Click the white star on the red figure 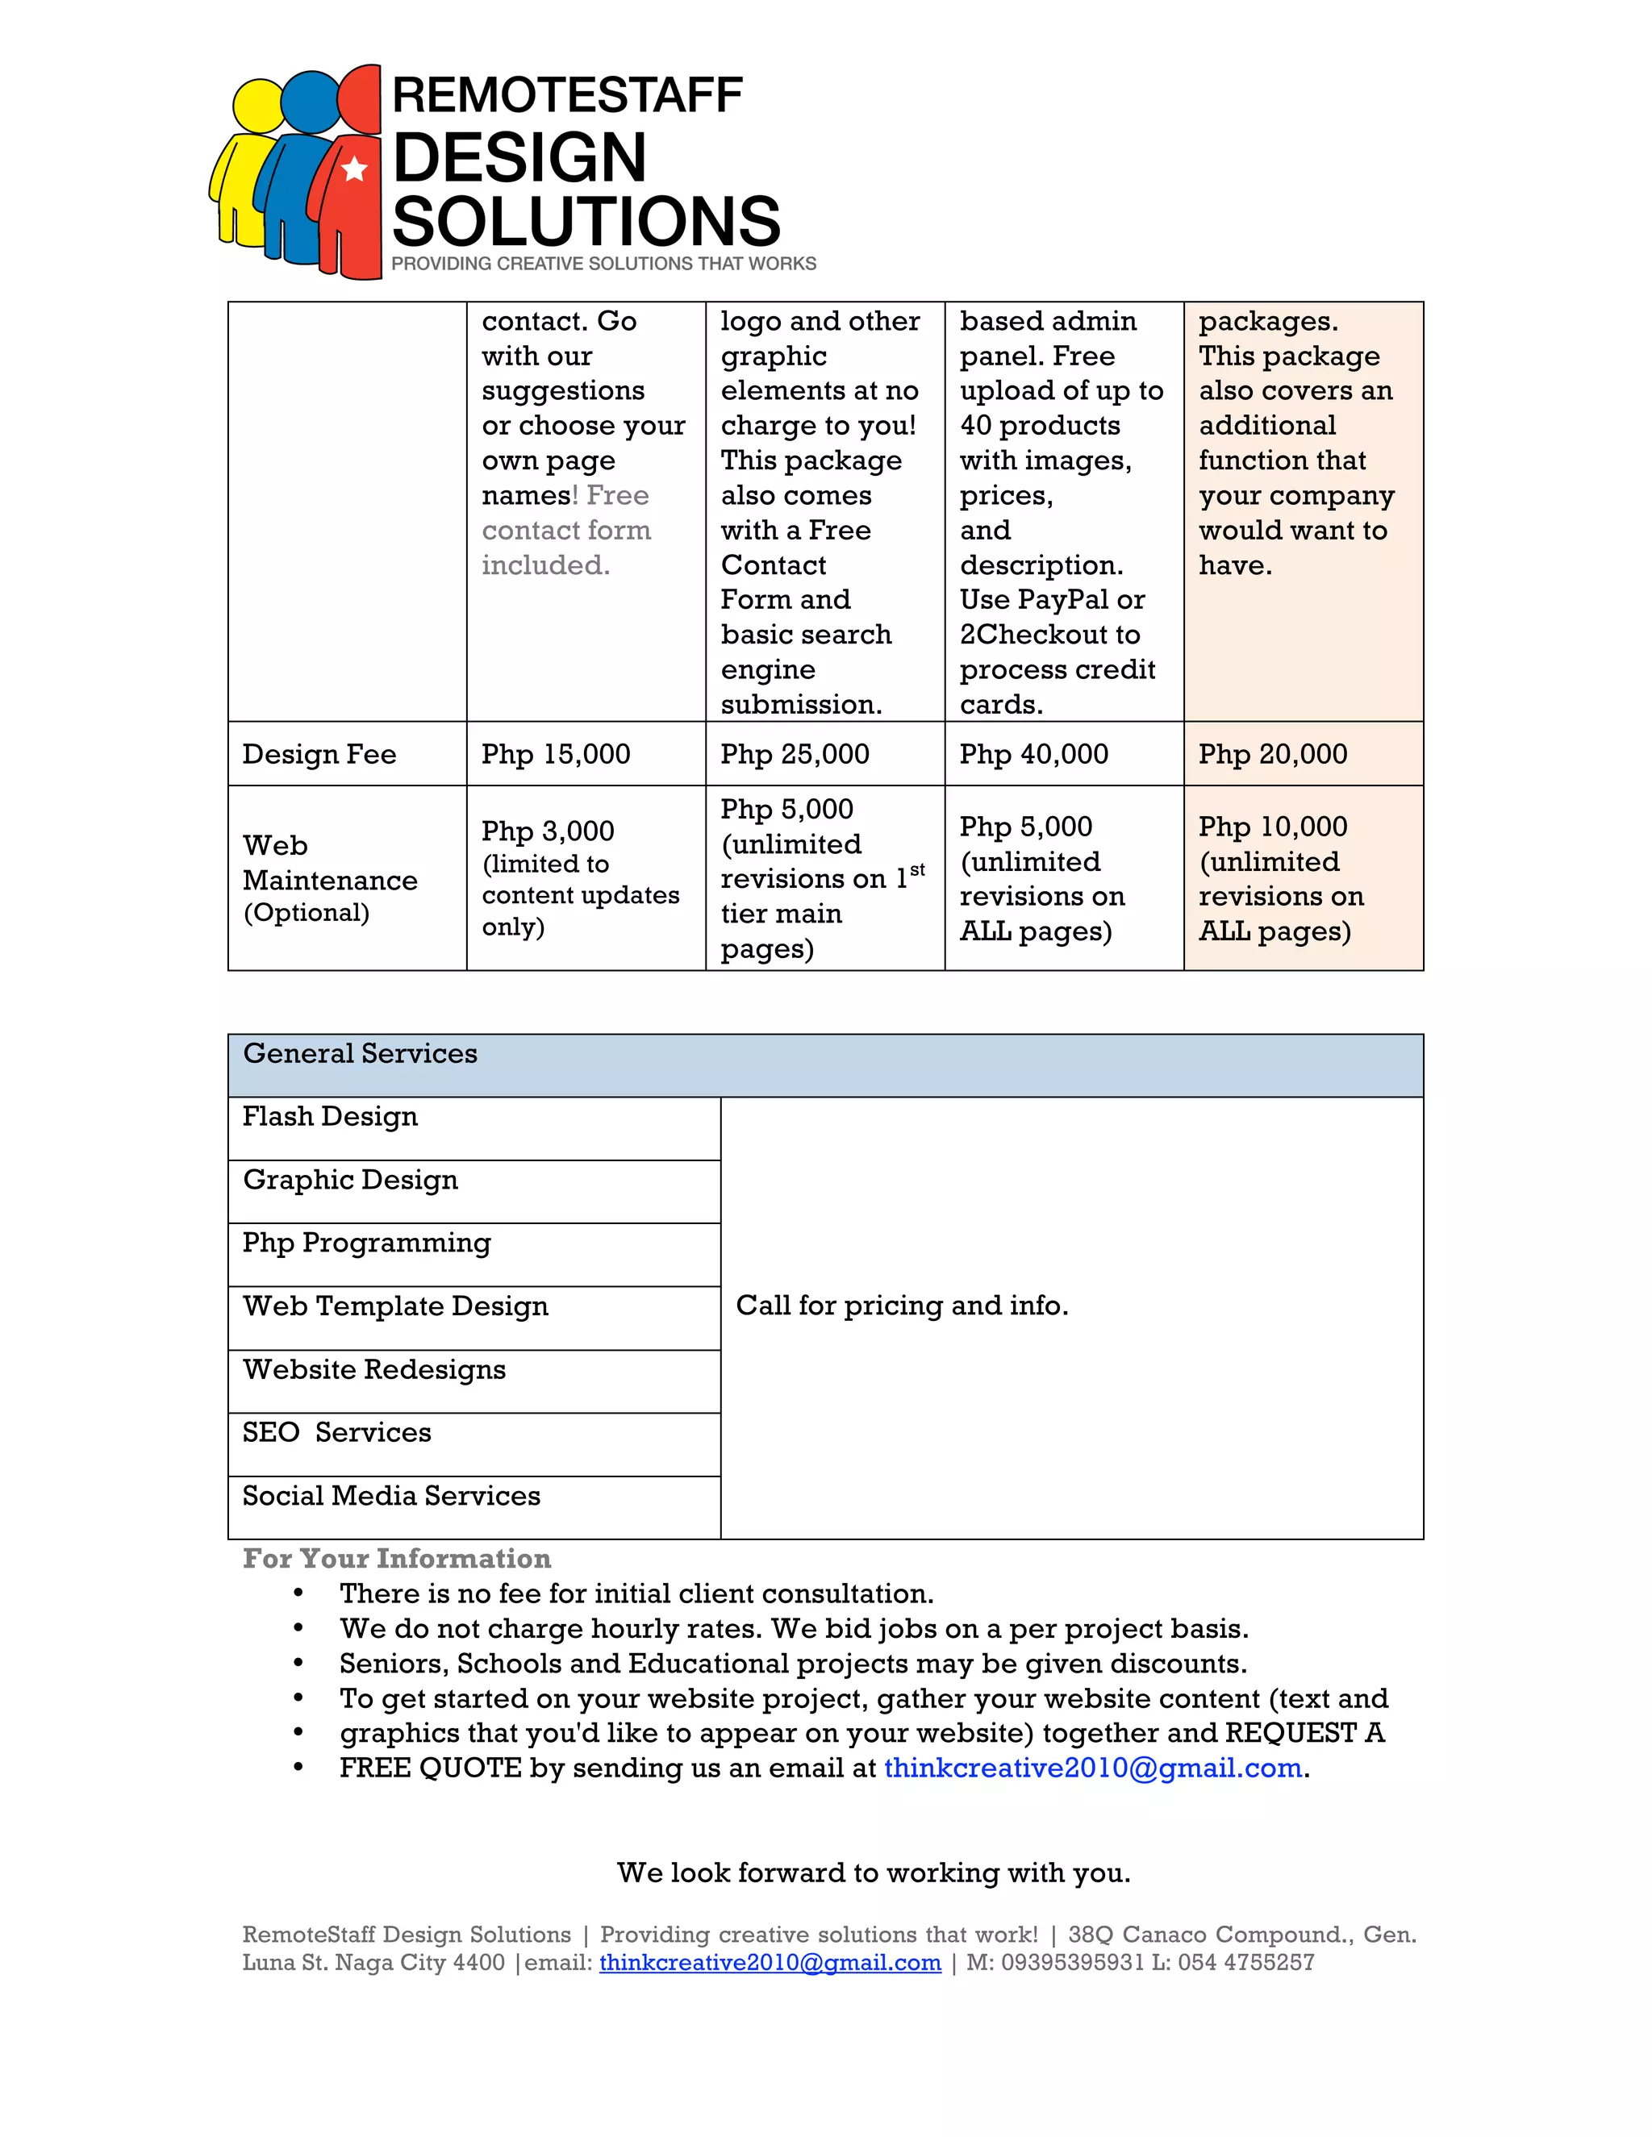(354, 169)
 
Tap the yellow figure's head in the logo (258, 106)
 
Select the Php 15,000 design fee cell (556, 755)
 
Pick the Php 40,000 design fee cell (1033, 755)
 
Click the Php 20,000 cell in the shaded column (1272, 755)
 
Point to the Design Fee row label (319, 755)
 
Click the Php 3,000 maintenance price (548, 831)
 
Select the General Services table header (360, 1054)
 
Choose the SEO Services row (336, 1432)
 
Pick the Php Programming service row (366, 1243)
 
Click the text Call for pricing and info (901, 1306)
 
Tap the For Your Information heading (396, 1559)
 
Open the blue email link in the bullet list (1092, 1768)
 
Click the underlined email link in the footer (770, 1963)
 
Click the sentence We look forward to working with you (873, 1872)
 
